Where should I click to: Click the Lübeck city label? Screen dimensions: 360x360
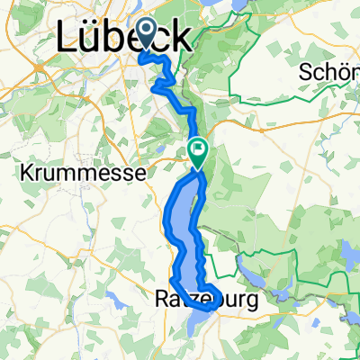coord(123,38)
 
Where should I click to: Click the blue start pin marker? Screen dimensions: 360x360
coord(145,40)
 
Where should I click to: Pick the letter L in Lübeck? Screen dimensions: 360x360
coord(67,38)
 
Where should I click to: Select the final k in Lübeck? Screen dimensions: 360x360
coord(179,38)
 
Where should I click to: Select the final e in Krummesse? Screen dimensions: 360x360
coord(112,169)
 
